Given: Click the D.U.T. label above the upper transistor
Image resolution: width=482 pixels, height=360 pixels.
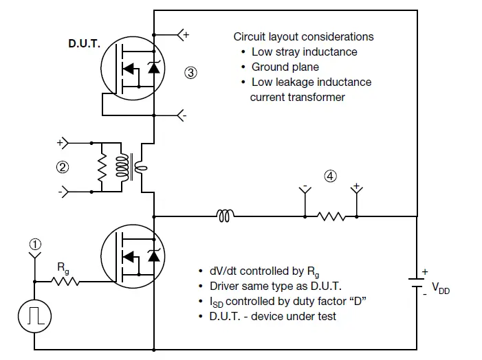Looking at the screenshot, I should coord(84,43).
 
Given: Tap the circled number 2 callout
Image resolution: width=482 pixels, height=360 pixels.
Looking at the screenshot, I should coord(63,167).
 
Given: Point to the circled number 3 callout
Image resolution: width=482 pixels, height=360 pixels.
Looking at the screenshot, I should coord(192,71).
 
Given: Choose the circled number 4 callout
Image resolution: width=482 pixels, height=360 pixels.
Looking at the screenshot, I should coord(331,176).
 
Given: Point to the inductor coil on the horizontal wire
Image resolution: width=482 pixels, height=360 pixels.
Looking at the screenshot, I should coord(226,216).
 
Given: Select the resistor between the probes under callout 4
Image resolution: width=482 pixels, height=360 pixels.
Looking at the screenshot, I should coord(331,216).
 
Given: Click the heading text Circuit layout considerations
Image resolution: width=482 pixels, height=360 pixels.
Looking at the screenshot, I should coord(303,36).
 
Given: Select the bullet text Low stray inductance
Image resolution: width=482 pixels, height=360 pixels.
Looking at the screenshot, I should coord(304,52).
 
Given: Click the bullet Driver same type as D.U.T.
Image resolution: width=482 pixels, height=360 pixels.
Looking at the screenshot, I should coord(271,286).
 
